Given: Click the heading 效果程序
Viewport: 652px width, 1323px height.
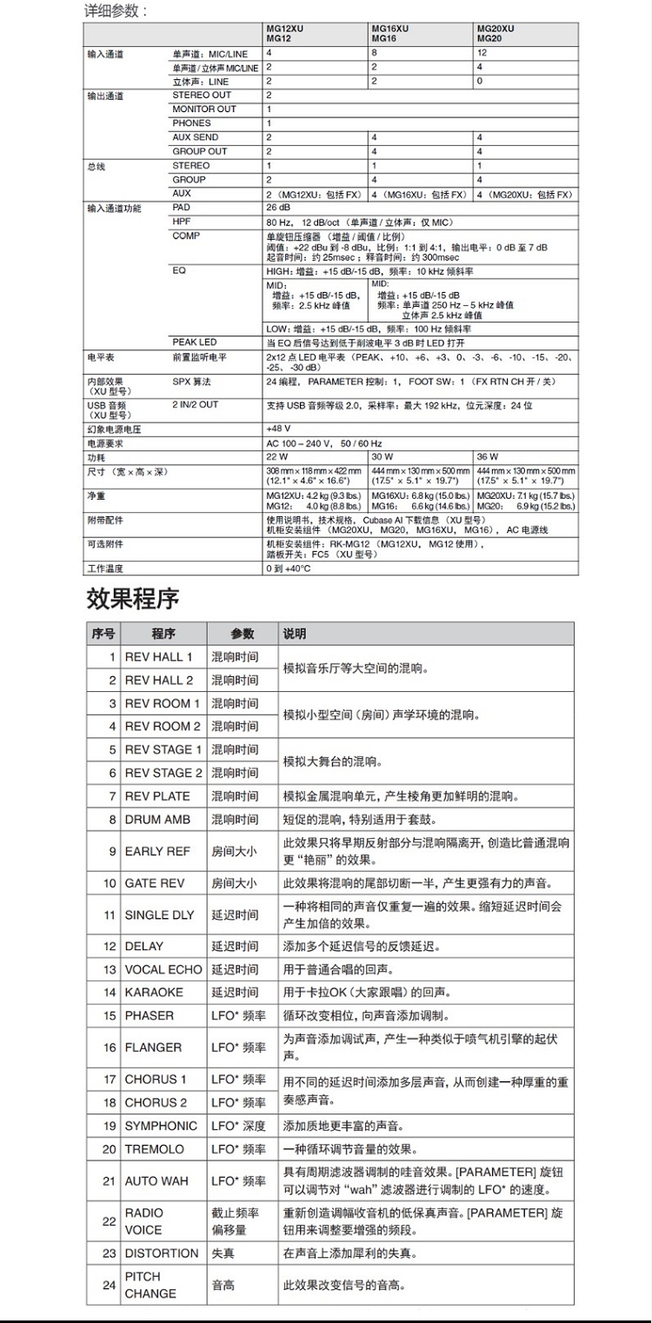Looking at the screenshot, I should [x=133, y=599].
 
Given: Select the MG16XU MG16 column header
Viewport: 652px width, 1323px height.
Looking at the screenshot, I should [x=390, y=34].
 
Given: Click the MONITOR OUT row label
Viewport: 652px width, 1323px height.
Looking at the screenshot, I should [x=204, y=110].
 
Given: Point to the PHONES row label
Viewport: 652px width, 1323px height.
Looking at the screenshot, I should [x=191, y=123].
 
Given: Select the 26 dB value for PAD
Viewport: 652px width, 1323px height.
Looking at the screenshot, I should [x=278, y=208].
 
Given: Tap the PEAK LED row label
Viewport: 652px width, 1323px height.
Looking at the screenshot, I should [x=195, y=342].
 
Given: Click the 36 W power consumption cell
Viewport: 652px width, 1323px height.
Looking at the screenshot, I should [x=487, y=456].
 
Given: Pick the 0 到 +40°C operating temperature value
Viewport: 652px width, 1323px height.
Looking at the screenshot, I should [x=288, y=568].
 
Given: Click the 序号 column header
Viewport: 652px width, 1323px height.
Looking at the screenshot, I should [x=103, y=635].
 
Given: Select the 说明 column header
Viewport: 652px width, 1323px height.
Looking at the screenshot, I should [x=295, y=635].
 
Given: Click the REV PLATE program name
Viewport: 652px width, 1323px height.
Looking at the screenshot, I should [x=157, y=796].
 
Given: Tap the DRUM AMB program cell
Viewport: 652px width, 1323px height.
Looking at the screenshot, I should [x=157, y=820].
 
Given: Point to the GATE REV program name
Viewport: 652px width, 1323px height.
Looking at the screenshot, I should [x=155, y=883].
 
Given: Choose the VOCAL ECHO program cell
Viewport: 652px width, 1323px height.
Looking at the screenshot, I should [x=163, y=969].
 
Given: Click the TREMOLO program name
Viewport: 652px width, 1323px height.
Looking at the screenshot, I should [x=156, y=1149].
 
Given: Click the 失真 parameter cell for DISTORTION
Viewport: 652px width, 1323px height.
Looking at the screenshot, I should [x=223, y=1253].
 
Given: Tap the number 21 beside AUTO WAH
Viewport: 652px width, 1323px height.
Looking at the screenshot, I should [x=109, y=1181].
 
